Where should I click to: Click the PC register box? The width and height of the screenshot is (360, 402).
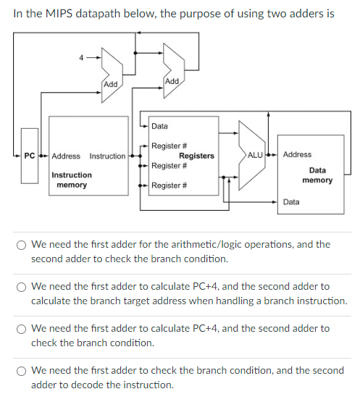[x=30, y=156]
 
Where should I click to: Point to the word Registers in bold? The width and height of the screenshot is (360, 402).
[x=196, y=156]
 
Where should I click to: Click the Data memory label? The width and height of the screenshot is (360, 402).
[x=317, y=175]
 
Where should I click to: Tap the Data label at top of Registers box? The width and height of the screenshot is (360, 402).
[x=159, y=127]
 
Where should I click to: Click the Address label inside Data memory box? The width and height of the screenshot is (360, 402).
[x=297, y=154]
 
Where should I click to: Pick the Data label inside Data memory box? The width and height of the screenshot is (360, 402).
[x=291, y=202]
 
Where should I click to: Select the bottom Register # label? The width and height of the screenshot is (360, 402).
[x=170, y=186]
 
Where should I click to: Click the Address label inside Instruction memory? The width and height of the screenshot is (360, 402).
[x=66, y=156]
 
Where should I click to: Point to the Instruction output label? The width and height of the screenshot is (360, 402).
[x=107, y=156]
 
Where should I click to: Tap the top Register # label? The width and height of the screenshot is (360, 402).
[x=170, y=146]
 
